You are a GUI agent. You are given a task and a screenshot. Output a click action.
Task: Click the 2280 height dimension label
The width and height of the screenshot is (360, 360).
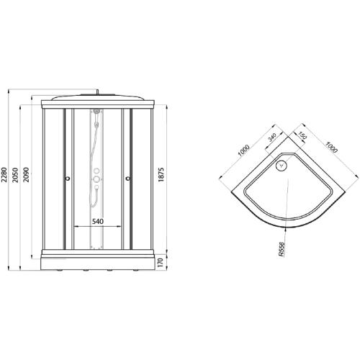[x=6, y=180]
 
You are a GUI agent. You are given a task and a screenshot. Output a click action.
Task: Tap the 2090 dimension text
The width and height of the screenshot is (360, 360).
[x=27, y=180]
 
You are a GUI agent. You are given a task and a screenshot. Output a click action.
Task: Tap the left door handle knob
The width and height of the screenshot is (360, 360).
[x=68, y=180]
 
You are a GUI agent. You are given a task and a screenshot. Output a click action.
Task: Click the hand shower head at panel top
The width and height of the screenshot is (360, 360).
[x=95, y=114]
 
